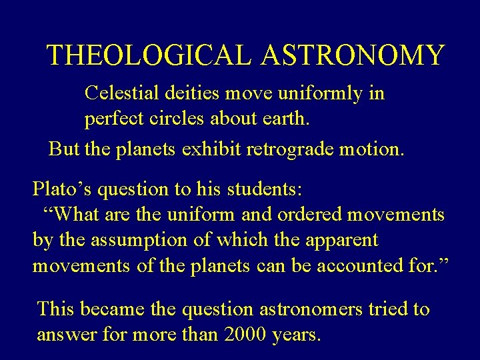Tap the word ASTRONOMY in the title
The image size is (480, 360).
(x=353, y=55)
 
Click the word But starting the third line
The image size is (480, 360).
(x=64, y=149)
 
